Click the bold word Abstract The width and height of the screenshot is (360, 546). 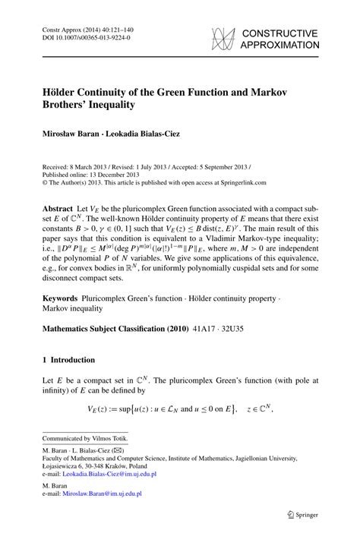[x=56, y=207]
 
